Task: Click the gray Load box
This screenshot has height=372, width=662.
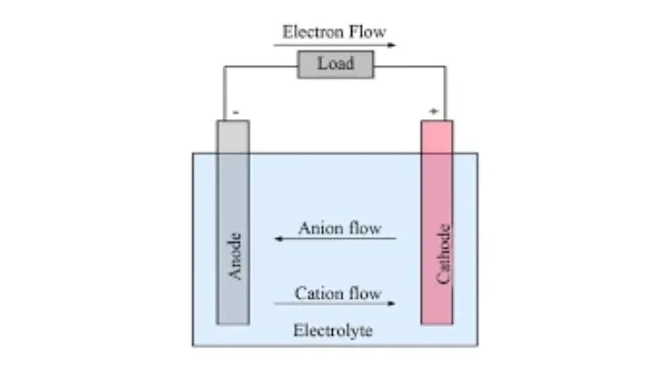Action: [335, 63]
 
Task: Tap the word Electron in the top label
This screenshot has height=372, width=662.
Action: [311, 32]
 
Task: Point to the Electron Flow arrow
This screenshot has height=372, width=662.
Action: [335, 45]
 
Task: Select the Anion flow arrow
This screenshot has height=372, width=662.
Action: [335, 239]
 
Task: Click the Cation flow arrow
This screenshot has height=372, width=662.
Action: [335, 304]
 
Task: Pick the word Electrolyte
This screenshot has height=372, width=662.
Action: [333, 331]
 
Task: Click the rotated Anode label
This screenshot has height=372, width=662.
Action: [235, 256]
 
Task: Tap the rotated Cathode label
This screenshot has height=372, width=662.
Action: [445, 255]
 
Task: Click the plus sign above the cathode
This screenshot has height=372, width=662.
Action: [433, 111]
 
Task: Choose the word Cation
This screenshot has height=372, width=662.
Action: [316, 293]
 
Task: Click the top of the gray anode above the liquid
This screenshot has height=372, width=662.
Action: [234, 137]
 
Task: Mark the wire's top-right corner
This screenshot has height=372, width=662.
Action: [446, 64]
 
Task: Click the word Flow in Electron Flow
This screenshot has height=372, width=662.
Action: [369, 32]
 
